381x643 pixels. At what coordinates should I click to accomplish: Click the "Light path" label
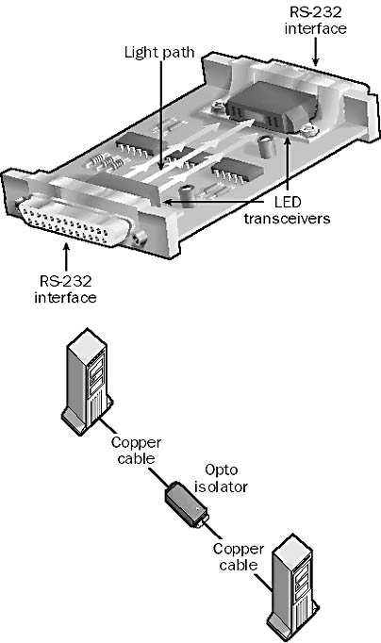coord(159,53)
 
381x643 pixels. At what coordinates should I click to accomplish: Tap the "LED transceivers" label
coord(287,209)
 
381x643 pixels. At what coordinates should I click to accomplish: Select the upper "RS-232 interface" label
coord(315,20)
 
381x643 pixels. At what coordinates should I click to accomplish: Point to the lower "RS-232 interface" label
coord(65,289)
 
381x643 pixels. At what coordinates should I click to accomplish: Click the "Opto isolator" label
coord(221,478)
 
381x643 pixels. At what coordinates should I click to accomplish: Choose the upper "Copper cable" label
coord(136,450)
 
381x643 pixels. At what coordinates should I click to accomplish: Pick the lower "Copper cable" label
coord(239,556)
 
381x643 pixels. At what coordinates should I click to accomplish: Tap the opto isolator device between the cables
coord(187,504)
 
